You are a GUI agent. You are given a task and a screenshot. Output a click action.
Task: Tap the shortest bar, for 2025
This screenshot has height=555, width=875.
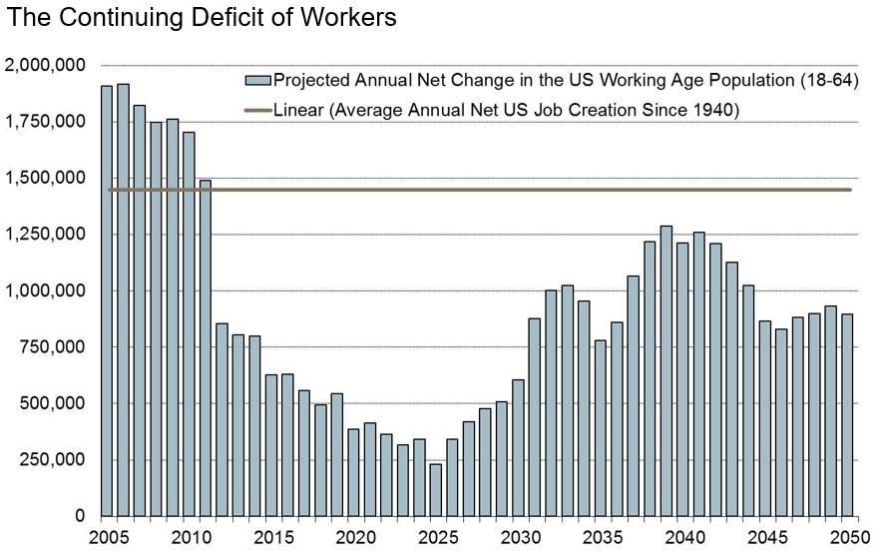point(435,490)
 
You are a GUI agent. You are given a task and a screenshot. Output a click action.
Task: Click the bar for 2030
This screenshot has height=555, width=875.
point(517,448)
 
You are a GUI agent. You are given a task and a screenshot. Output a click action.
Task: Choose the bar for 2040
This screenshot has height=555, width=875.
point(681,379)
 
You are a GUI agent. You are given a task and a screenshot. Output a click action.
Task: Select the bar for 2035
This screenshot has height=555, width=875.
point(600,428)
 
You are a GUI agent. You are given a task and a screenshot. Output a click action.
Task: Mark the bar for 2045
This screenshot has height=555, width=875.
point(764,418)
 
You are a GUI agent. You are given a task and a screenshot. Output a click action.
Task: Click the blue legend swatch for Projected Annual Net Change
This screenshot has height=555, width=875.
point(257,81)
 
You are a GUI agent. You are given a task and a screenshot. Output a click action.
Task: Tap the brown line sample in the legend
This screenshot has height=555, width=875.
point(257,110)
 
